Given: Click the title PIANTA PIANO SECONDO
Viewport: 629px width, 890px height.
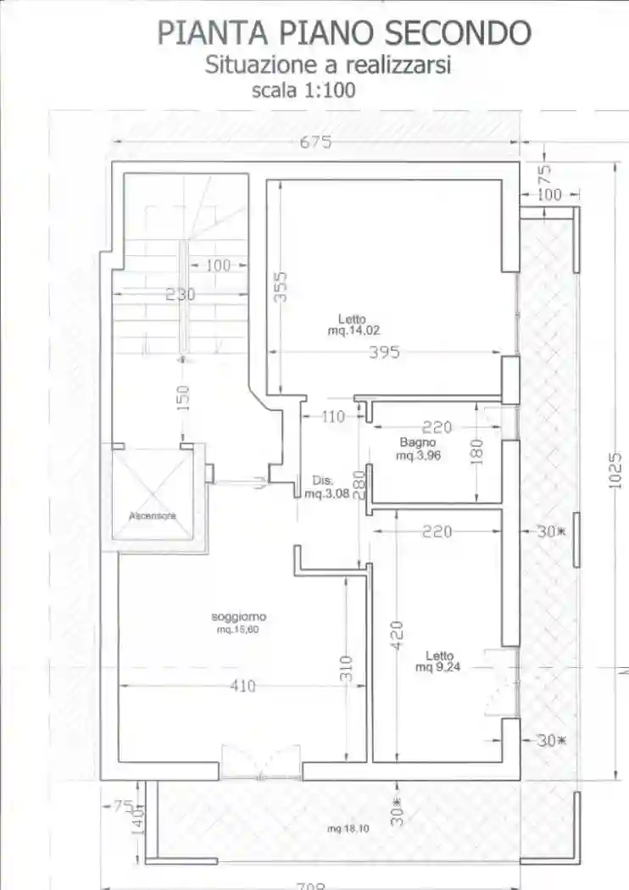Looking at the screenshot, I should pyautogui.click(x=344, y=32).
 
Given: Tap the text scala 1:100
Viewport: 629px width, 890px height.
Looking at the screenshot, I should pyautogui.click(x=303, y=91).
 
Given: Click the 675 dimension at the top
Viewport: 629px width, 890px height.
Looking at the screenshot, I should pyautogui.click(x=314, y=142).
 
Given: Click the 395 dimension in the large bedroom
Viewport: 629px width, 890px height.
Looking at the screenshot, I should pyautogui.click(x=384, y=353).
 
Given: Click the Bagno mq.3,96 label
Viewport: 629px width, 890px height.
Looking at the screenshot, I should pyautogui.click(x=417, y=448).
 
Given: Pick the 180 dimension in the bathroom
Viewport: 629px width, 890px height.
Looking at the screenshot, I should pyautogui.click(x=476, y=451).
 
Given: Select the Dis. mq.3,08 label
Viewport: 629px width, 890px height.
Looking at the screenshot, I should pyautogui.click(x=321, y=486).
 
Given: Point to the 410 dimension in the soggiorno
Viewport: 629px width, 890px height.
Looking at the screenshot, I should pyautogui.click(x=242, y=687).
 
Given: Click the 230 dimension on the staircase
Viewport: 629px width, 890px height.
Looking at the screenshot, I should pyautogui.click(x=180, y=294).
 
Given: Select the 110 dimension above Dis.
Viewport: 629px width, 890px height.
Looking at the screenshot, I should pyautogui.click(x=335, y=416).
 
